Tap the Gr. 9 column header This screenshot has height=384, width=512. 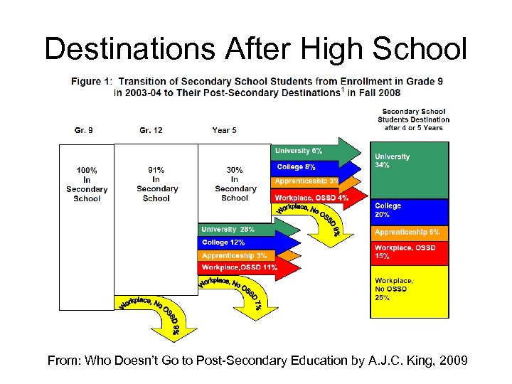click(84, 130)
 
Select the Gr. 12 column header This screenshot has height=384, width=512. click(151, 130)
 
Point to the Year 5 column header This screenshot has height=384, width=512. click(225, 130)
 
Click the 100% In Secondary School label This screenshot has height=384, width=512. click(87, 184)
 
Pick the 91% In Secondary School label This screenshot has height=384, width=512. click(156, 184)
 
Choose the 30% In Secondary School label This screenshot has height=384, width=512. click(235, 184)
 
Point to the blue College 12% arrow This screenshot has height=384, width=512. click(238, 243)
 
